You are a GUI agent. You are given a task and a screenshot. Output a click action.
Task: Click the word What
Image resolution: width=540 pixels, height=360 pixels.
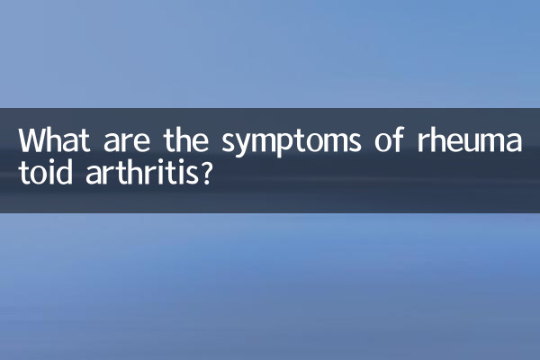click(53, 142)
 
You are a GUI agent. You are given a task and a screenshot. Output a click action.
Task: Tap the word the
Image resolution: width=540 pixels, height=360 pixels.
click(186, 142)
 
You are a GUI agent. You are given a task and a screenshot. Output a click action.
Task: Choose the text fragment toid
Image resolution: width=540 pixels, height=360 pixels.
click(42, 172)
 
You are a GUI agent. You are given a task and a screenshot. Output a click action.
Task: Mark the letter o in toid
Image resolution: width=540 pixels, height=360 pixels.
click(37, 174)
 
